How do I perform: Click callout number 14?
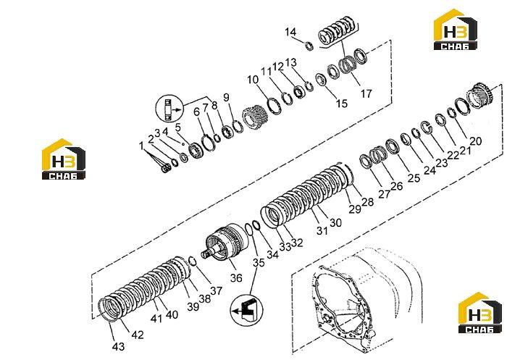290,32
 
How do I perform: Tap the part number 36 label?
236,277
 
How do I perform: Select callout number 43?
118,346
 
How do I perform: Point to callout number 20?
475,141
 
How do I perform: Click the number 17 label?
366,93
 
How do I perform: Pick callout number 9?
226,97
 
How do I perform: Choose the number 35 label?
259,263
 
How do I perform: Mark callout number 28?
367,202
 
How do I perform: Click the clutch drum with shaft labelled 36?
225,242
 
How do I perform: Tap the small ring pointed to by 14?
309,46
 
